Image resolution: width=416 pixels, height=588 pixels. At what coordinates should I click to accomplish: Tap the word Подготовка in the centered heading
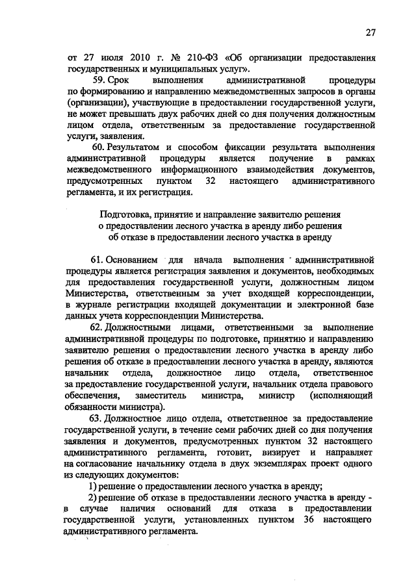127,214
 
